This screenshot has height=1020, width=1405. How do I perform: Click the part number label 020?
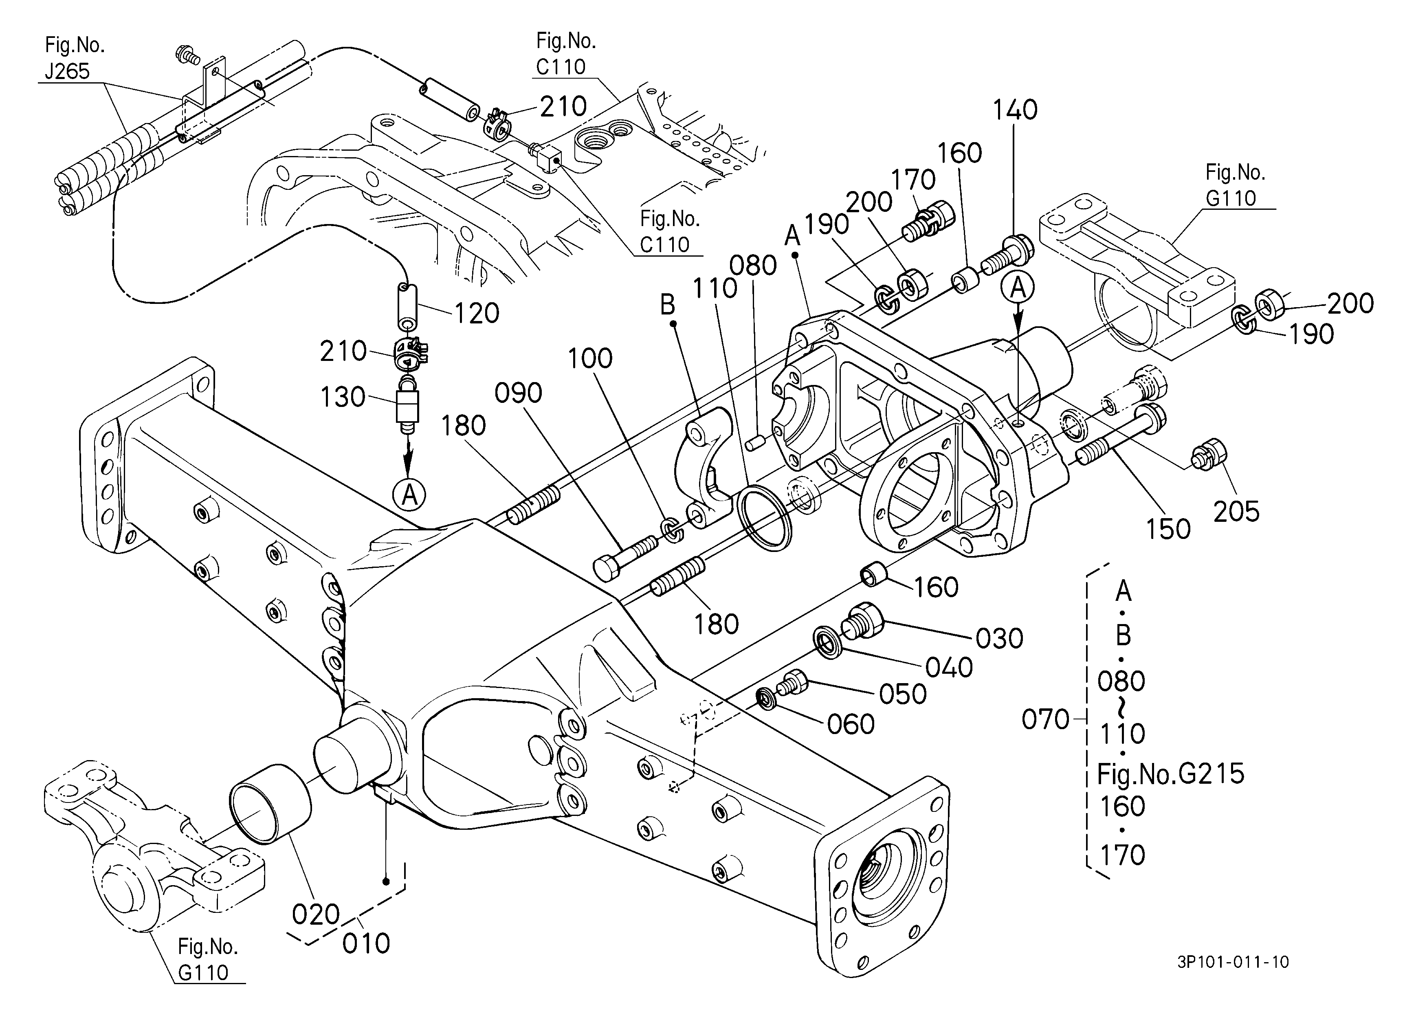click(x=316, y=914)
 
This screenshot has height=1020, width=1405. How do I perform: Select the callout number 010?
click(x=366, y=943)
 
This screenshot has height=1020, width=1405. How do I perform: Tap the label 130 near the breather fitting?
click(x=343, y=397)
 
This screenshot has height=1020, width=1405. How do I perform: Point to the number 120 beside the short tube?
click(x=477, y=313)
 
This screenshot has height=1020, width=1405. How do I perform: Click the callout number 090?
click(x=519, y=393)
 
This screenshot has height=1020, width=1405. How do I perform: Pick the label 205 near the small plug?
click(x=1236, y=512)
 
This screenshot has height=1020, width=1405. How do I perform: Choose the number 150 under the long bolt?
click(x=1168, y=529)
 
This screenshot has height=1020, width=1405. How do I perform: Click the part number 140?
click(x=1015, y=110)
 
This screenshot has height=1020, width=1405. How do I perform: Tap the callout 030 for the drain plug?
click(x=999, y=638)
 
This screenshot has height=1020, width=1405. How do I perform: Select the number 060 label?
click(x=851, y=724)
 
